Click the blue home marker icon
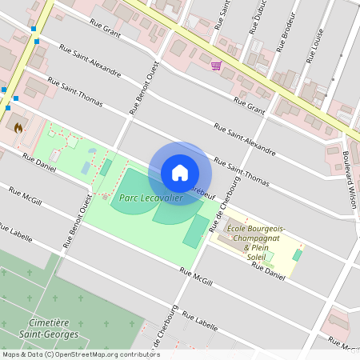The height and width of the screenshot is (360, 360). pos(180,173)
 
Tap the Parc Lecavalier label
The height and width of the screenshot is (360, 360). pos(147,198)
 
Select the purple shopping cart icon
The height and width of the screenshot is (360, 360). pos(216,66)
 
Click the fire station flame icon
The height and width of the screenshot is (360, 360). pos(18,126)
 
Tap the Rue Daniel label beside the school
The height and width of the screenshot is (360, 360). pos(268,270)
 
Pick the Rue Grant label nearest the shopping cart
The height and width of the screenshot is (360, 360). pos(249,106)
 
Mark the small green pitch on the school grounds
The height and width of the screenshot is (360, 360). pos(298,255)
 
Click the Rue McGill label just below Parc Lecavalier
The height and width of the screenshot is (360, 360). pos(196,276)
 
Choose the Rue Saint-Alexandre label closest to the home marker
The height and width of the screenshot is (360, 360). pos(245,138)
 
